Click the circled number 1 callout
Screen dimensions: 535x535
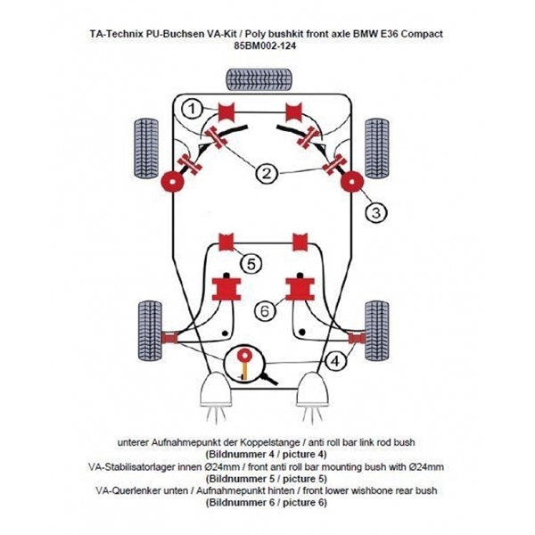pos(191,109)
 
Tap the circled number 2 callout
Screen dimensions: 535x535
pos(267,173)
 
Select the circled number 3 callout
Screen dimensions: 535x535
pos(376,211)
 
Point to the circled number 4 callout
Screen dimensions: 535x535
pos(334,362)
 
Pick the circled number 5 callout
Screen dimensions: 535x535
pos(251,263)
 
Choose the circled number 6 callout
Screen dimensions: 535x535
pos(263,311)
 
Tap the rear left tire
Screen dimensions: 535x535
pos(149,327)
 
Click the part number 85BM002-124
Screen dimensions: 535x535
pos(267,46)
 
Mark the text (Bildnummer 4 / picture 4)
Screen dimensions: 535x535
pos(267,454)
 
